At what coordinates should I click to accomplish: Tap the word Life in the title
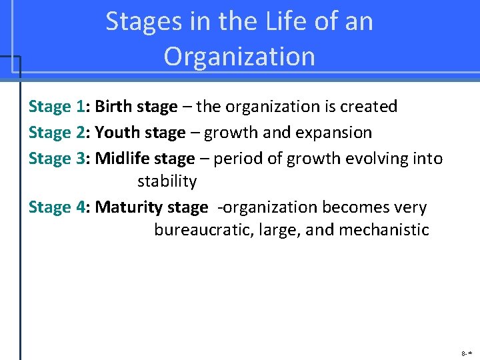coord(273,21)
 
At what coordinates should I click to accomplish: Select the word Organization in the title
coord(239,57)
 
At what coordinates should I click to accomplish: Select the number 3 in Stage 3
coord(81,159)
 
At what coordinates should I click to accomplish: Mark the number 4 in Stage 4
coord(81,207)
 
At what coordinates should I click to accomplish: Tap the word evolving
coord(379,159)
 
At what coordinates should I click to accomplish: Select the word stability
coord(167,181)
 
